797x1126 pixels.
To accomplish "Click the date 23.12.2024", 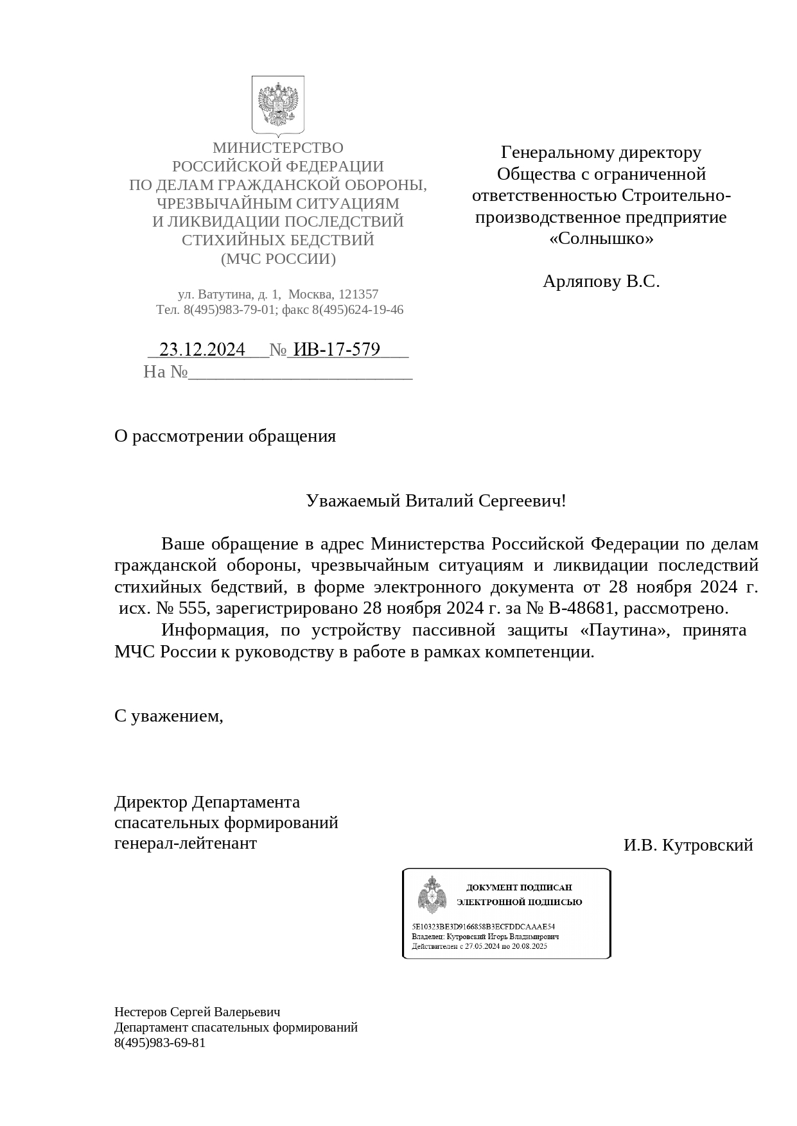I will [x=202, y=349].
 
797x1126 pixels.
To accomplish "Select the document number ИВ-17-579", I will [x=336, y=349].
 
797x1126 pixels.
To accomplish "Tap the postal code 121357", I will [x=358, y=294].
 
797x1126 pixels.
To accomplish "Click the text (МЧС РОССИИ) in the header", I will [x=278, y=259].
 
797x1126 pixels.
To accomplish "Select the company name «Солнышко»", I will [x=601, y=239].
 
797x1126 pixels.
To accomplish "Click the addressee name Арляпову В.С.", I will [x=601, y=281].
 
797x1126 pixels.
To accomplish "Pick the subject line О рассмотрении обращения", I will [x=225, y=437].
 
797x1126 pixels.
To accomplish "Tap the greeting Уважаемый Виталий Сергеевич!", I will [x=436, y=501].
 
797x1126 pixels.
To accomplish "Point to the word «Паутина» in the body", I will [x=622, y=630].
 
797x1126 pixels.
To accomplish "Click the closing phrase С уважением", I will [x=168, y=716].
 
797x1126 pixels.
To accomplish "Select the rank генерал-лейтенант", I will [x=185, y=843].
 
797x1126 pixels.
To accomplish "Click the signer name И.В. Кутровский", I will [x=688, y=845].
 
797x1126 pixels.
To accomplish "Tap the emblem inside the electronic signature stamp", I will [x=432, y=895].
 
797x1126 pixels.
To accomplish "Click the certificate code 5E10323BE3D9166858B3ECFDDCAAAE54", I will [x=483, y=927].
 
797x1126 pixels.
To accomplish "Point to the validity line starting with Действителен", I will [x=479, y=946].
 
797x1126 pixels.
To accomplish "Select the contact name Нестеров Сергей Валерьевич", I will [x=197, y=1012].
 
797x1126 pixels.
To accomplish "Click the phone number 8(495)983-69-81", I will [x=160, y=1043].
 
